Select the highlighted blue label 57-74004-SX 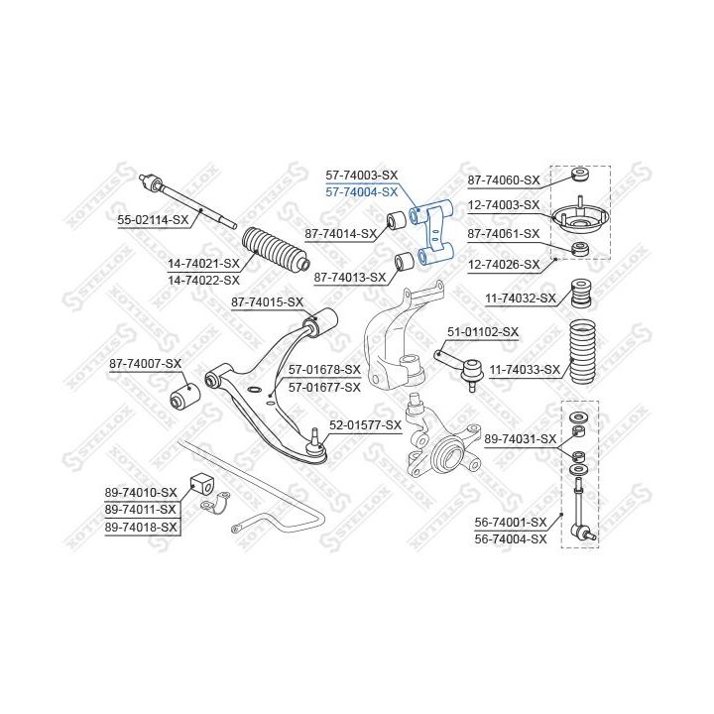tap(362, 191)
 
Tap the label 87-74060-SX tap(504, 179)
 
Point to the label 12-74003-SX tap(504, 205)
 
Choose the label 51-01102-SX tap(483, 331)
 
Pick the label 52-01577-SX tap(365, 424)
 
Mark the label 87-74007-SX tap(146, 364)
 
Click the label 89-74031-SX tap(521, 438)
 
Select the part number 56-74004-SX tap(511, 538)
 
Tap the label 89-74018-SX tap(141, 527)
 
